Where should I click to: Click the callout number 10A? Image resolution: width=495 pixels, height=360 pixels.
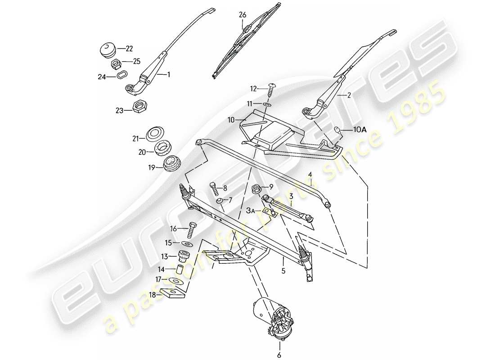(360, 130)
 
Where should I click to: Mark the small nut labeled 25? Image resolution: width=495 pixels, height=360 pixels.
(115, 63)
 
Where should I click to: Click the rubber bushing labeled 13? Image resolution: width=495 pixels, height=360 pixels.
(183, 256)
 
